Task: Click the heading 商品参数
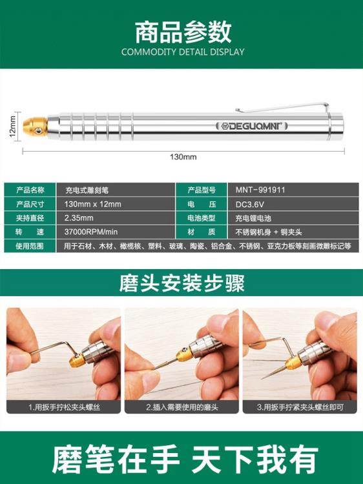click(182, 32)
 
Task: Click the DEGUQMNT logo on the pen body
click(251, 123)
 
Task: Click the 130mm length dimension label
click(183, 157)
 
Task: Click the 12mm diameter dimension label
click(12, 123)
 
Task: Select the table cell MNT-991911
click(256, 190)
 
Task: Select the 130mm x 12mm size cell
click(93, 205)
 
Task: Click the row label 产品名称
click(30, 190)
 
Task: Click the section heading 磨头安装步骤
click(182, 283)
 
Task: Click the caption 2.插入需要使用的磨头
click(181, 407)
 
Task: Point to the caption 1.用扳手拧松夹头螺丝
click(64, 407)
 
